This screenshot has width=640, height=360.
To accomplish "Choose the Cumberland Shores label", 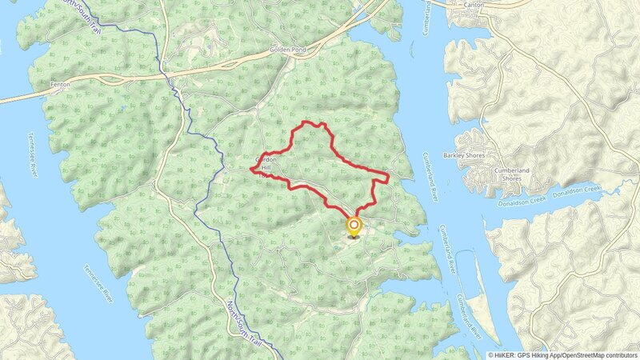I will coord(498,174).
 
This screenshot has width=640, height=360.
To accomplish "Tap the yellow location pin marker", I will coord(354,228).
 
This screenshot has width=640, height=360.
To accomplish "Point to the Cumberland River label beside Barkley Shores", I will coord(430,175).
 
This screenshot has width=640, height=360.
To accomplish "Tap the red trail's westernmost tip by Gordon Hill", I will coord(252,170).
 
